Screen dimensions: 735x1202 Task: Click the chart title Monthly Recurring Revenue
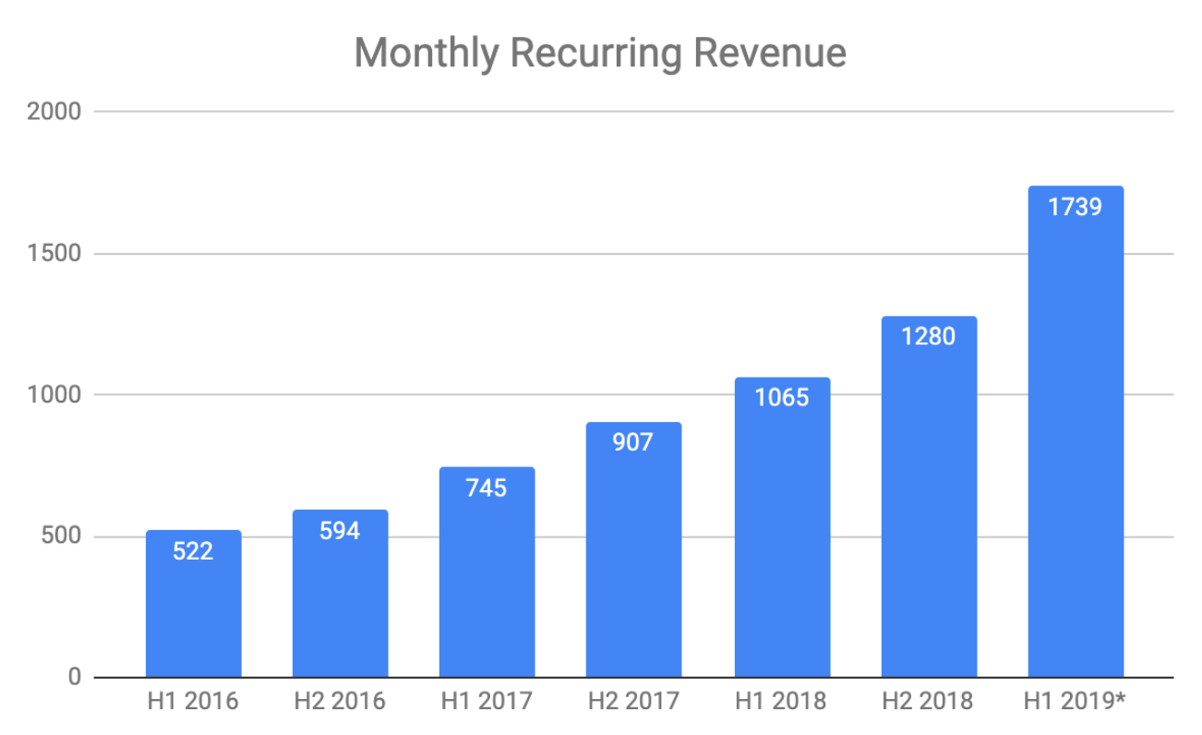(600, 54)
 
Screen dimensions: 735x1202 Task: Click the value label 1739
(1075, 206)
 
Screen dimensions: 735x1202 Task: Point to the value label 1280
(928, 336)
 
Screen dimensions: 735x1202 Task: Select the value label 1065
(781, 397)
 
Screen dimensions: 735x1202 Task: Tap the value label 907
(633, 442)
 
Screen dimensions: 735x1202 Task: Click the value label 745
(487, 488)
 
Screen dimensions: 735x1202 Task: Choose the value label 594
(340, 531)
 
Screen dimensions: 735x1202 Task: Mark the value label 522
(193, 551)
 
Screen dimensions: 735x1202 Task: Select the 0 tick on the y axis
(75, 679)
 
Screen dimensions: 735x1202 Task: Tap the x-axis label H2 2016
(340, 702)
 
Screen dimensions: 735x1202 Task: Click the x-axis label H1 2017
(487, 702)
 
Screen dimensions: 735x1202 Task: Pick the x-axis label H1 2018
(781, 702)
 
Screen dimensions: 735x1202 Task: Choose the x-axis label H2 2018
(928, 702)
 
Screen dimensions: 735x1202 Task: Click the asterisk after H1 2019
(1120, 699)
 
